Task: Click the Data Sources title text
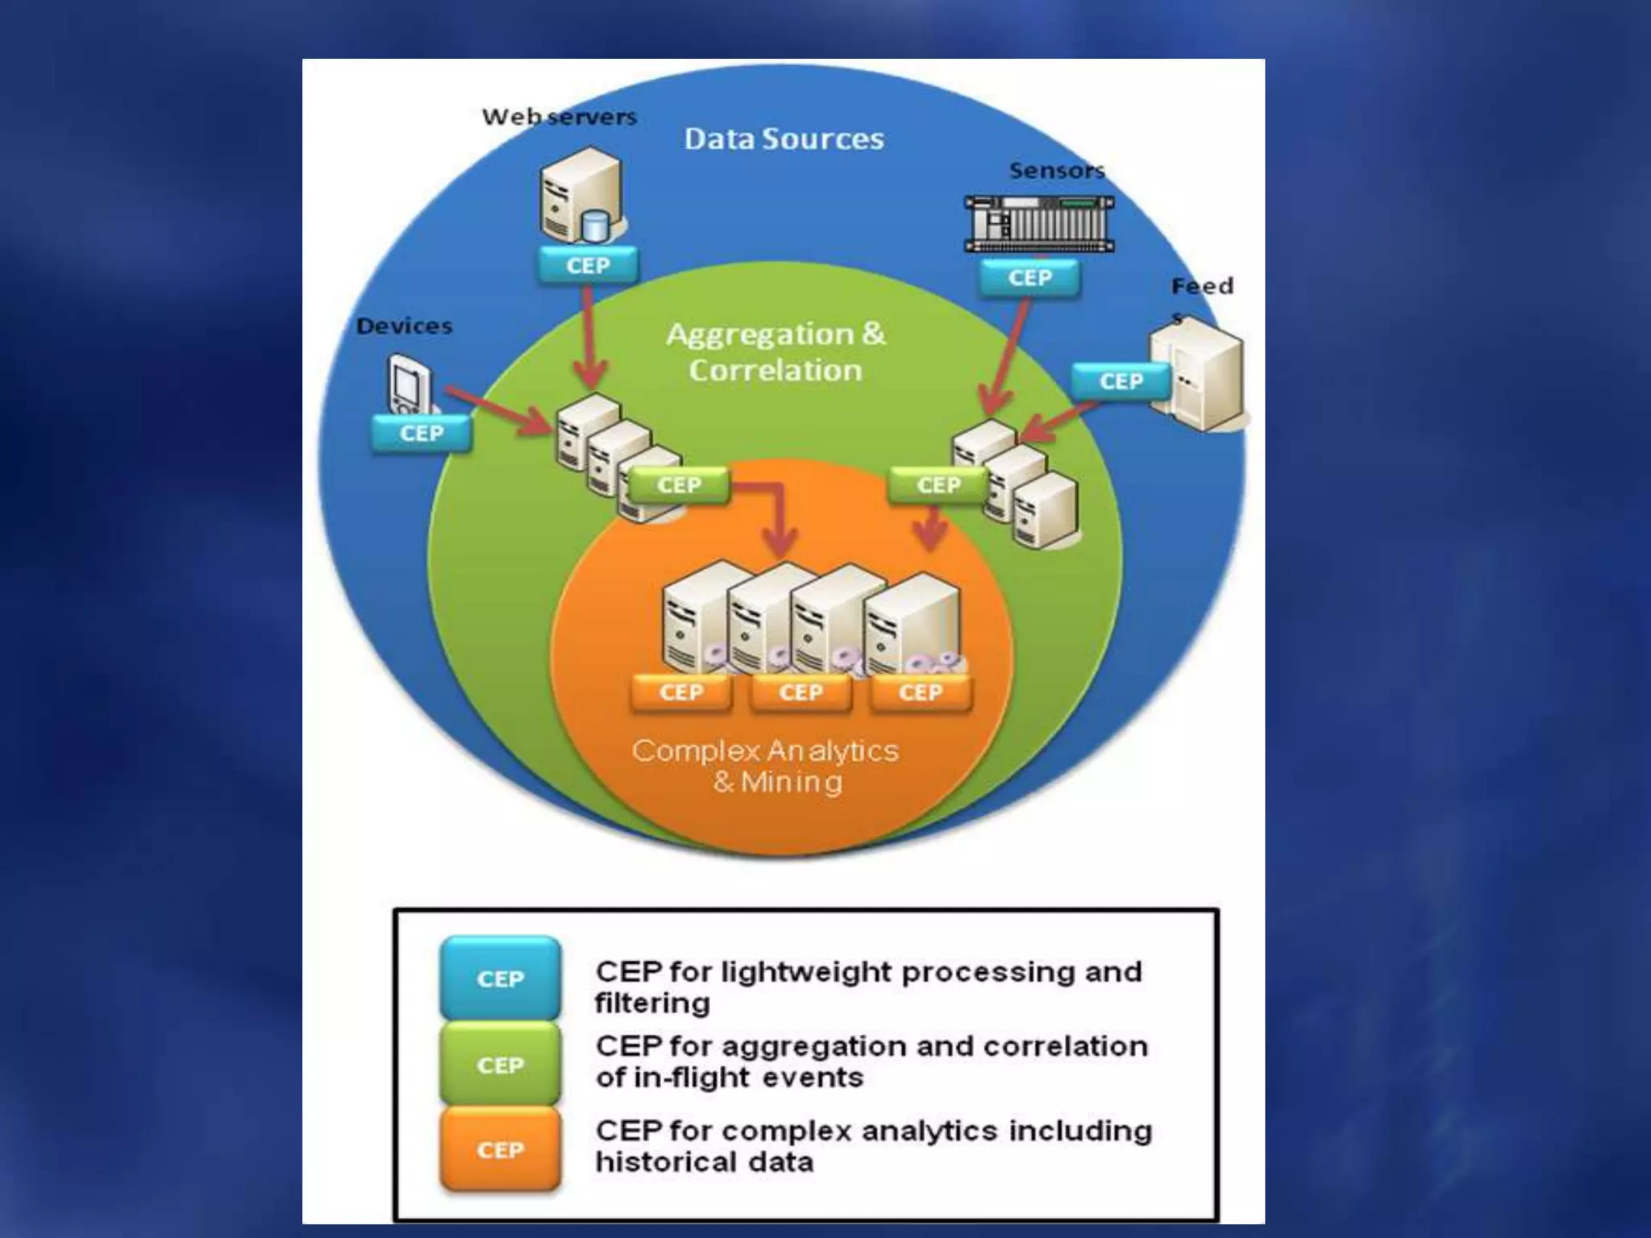784,139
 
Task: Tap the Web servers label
559,117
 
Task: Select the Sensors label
1057,171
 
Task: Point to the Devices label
404,326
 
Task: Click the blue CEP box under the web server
588,265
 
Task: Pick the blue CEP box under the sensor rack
1029,278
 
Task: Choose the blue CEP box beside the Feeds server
1121,381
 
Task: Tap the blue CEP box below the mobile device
421,434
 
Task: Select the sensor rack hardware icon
1039,223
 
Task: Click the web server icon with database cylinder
582,195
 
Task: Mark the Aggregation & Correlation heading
776,352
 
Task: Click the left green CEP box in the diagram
679,485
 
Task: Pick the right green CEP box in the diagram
938,485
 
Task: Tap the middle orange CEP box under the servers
801,692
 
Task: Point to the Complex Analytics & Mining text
766,766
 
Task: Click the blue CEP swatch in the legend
500,978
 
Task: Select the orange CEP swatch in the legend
500,1149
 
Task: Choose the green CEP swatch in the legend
500,1065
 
